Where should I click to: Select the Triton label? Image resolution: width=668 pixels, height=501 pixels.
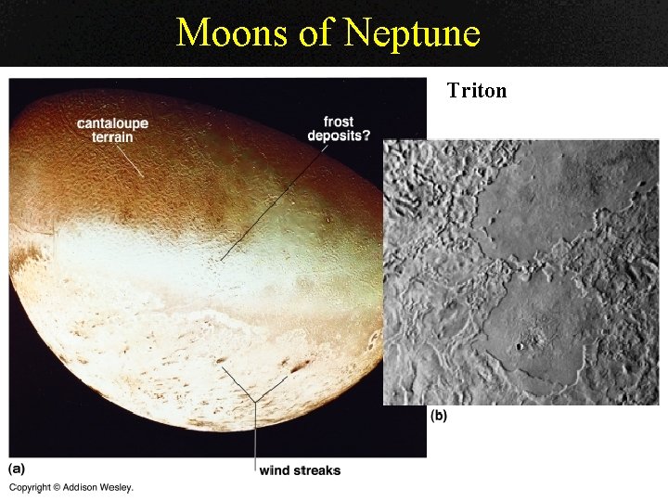coord(476,91)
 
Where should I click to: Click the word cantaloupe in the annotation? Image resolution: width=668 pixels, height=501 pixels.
coord(112,123)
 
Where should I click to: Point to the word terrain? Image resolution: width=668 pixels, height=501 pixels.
coord(112,137)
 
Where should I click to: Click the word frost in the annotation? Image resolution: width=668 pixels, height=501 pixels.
coord(339,122)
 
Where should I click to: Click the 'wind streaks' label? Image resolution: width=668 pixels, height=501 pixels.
coord(300,470)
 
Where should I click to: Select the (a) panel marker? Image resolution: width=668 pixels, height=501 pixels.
coord(17,469)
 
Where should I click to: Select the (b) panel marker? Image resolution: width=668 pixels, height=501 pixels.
coord(438,416)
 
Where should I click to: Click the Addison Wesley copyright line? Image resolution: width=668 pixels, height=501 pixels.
coord(71,487)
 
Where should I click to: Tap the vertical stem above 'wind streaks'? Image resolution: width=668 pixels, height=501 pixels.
coord(254,436)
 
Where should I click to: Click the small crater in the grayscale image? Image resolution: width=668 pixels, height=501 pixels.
coord(520,346)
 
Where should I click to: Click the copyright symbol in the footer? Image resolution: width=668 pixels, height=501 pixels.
coord(57,487)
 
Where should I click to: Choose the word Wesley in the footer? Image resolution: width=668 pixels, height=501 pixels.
coord(116,487)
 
